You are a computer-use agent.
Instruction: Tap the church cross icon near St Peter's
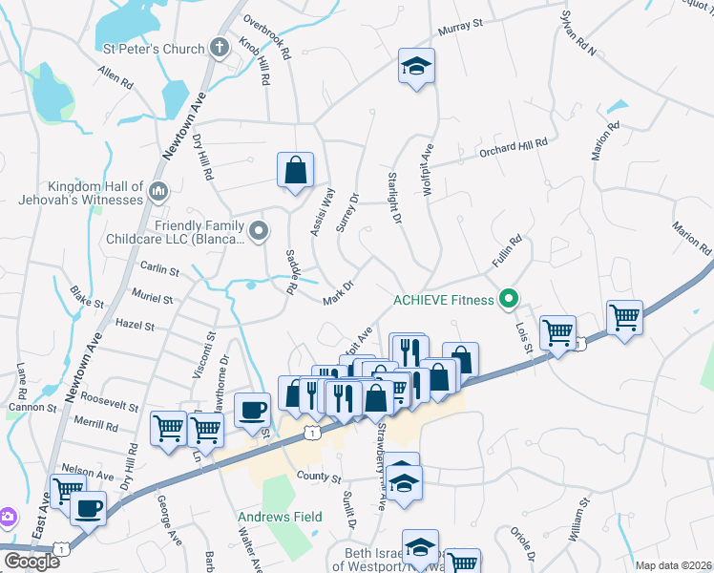click(219, 48)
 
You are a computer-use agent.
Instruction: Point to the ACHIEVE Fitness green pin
click(509, 300)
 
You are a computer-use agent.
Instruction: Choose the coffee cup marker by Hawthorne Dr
click(252, 411)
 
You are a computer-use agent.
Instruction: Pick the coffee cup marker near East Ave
click(89, 508)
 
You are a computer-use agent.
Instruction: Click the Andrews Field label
click(280, 517)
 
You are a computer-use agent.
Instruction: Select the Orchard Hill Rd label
click(514, 145)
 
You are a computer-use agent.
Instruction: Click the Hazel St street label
click(135, 325)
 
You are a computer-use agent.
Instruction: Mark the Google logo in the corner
click(31, 562)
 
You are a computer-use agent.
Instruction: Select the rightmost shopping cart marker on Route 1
click(624, 318)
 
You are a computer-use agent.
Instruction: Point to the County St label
click(319, 477)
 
